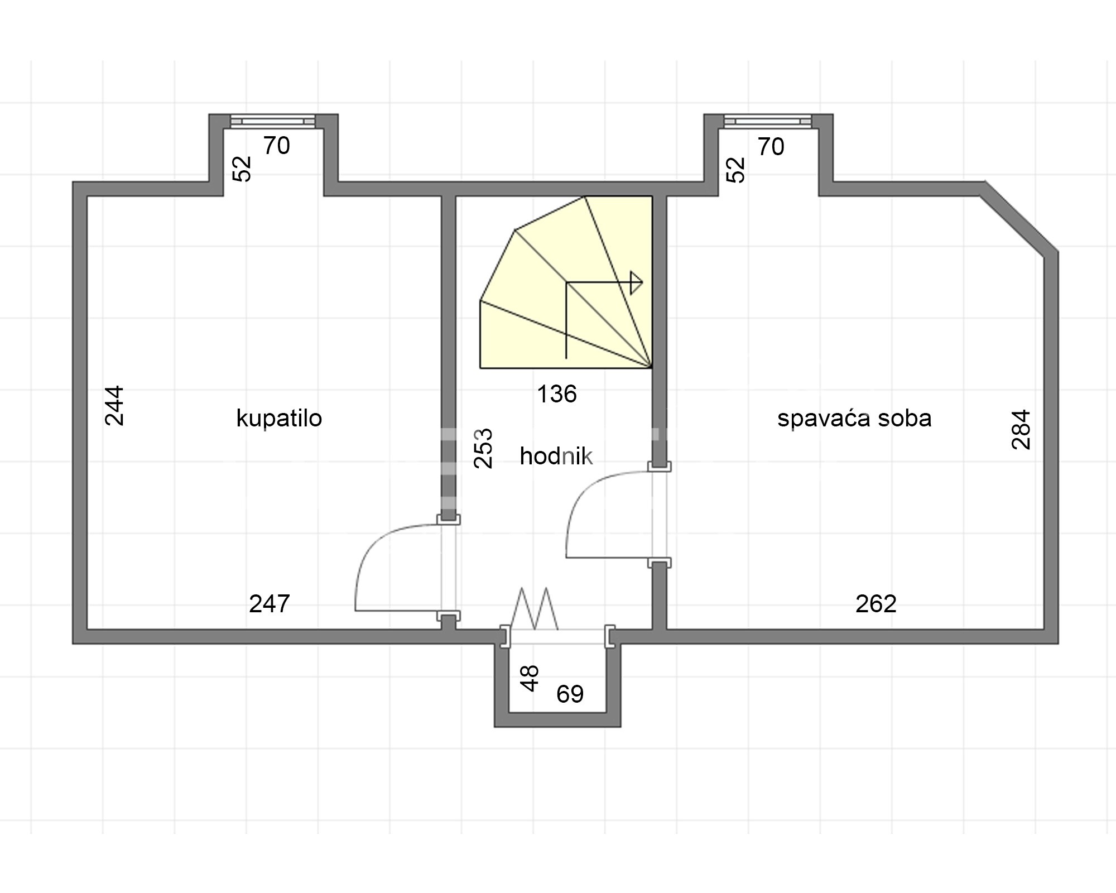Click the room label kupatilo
click(x=279, y=418)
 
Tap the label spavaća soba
click(x=854, y=418)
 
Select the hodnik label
click(x=556, y=457)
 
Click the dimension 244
click(x=114, y=406)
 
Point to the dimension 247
click(x=270, y=603)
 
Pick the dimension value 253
click(x=483, y=448)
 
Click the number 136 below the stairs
click(x=556, y=394)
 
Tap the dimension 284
click(x=1021, y=430)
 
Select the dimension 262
click(x=876, y=603)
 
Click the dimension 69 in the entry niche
click(x=570, y=694)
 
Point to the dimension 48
click(x=530, y=678)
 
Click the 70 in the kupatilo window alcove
click(x=277, y=146)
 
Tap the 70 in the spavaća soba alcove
click(x=771, y=147)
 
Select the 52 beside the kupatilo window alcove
click(x=242, y=169)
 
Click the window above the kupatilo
click(x=273, y=121)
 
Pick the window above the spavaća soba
click(x=768, y=121)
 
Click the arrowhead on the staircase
click(x=636, y=283)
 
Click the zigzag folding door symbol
click(x=535, y=608)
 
